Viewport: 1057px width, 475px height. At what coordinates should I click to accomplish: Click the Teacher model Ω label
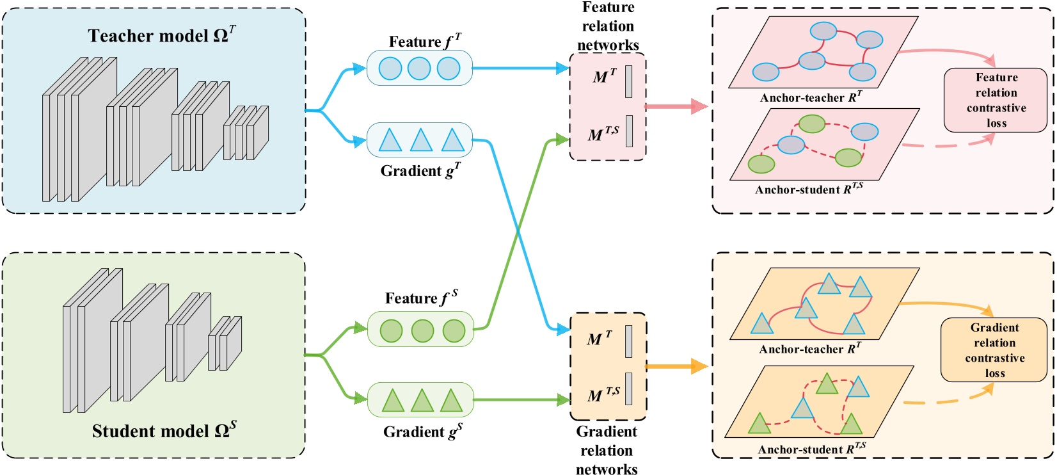pyautogui.click(x=161, y=35)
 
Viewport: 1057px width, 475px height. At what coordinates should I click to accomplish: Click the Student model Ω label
pyautogui.click(x=164, y=430)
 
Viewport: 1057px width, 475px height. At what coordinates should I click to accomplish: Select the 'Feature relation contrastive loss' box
pyautogui.click(x=996, y=101)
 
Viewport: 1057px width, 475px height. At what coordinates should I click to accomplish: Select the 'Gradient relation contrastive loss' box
pyautogui.click(x=994, y=350)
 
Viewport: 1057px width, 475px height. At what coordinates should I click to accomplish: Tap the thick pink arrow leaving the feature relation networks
pyautogui.click(x=676, y=106)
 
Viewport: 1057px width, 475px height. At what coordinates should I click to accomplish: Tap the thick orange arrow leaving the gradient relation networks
pyautogui.click(x=676, y=367)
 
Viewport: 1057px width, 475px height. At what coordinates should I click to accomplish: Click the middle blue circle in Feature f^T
pyautogui.click(x=419, y=68)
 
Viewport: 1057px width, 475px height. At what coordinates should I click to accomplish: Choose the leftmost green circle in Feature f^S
pyautogui.click(x=391, y=331)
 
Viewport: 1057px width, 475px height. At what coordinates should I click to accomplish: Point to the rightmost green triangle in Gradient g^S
pyautogui.click(x=451, y=401)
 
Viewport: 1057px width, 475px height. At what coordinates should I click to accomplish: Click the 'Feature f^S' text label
pyautogui.click(x=421, y=298)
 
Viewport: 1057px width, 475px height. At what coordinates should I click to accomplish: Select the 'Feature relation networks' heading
pyautogui.click(x=608, y=26)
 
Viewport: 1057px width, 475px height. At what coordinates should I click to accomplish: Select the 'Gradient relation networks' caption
pyautogui.click(x=607, y=450)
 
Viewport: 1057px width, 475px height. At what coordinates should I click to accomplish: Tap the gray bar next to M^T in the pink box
pyautogui.click(x=629, y=81)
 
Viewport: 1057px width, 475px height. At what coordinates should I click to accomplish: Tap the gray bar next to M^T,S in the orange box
pyautogui.click(x=629, y=389)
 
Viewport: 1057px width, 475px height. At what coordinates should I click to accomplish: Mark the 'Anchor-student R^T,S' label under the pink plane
pyautogui.click(x=809, y=189)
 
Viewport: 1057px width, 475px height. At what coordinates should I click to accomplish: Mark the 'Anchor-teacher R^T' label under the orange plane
pyautogui.click(x=810, y=349)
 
